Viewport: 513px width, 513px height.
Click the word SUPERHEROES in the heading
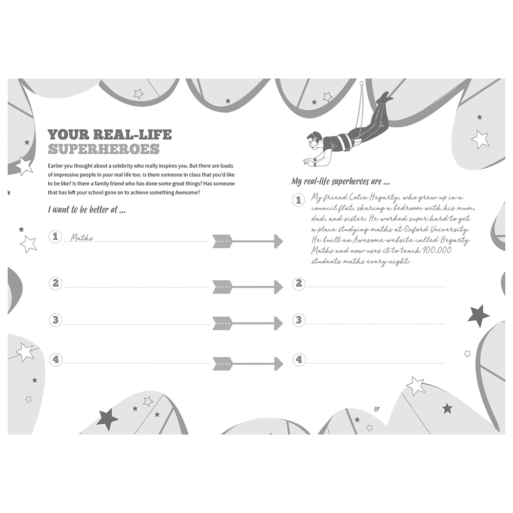(104, 149)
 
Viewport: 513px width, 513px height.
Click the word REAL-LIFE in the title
(132, 134)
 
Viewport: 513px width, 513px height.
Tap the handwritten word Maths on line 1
(82, 238)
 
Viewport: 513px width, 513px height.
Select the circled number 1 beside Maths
(55, 236)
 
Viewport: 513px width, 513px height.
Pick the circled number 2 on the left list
(55, 283)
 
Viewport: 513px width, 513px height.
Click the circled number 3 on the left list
(55, 320)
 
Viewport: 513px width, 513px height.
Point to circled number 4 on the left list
(55, 360)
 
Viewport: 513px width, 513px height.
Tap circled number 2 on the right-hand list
(299, 283)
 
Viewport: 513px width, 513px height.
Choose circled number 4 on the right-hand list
(299, 360)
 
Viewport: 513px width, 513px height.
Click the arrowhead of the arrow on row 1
(279, 242)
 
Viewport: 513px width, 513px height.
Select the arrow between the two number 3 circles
(248, 324)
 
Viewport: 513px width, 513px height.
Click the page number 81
(377, 409)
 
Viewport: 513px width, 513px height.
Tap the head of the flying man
(313, 140)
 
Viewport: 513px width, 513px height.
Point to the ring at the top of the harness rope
(361, 84)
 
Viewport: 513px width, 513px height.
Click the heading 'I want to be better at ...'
(87, 210)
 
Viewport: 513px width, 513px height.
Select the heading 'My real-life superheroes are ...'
(341, 182)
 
